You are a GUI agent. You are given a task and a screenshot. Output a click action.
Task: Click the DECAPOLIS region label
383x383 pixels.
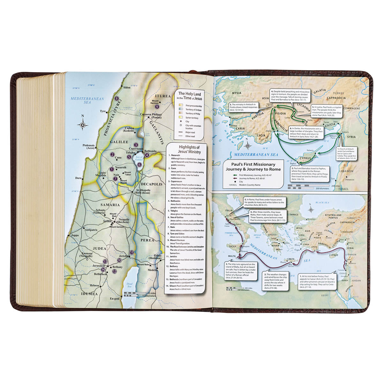151,184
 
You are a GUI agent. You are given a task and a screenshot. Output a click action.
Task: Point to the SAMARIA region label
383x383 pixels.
110,205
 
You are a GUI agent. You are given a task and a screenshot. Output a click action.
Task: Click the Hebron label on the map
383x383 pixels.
94,285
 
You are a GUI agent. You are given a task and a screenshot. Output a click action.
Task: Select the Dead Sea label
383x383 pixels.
129,284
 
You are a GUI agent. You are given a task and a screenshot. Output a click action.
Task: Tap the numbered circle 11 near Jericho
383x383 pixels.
131,252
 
